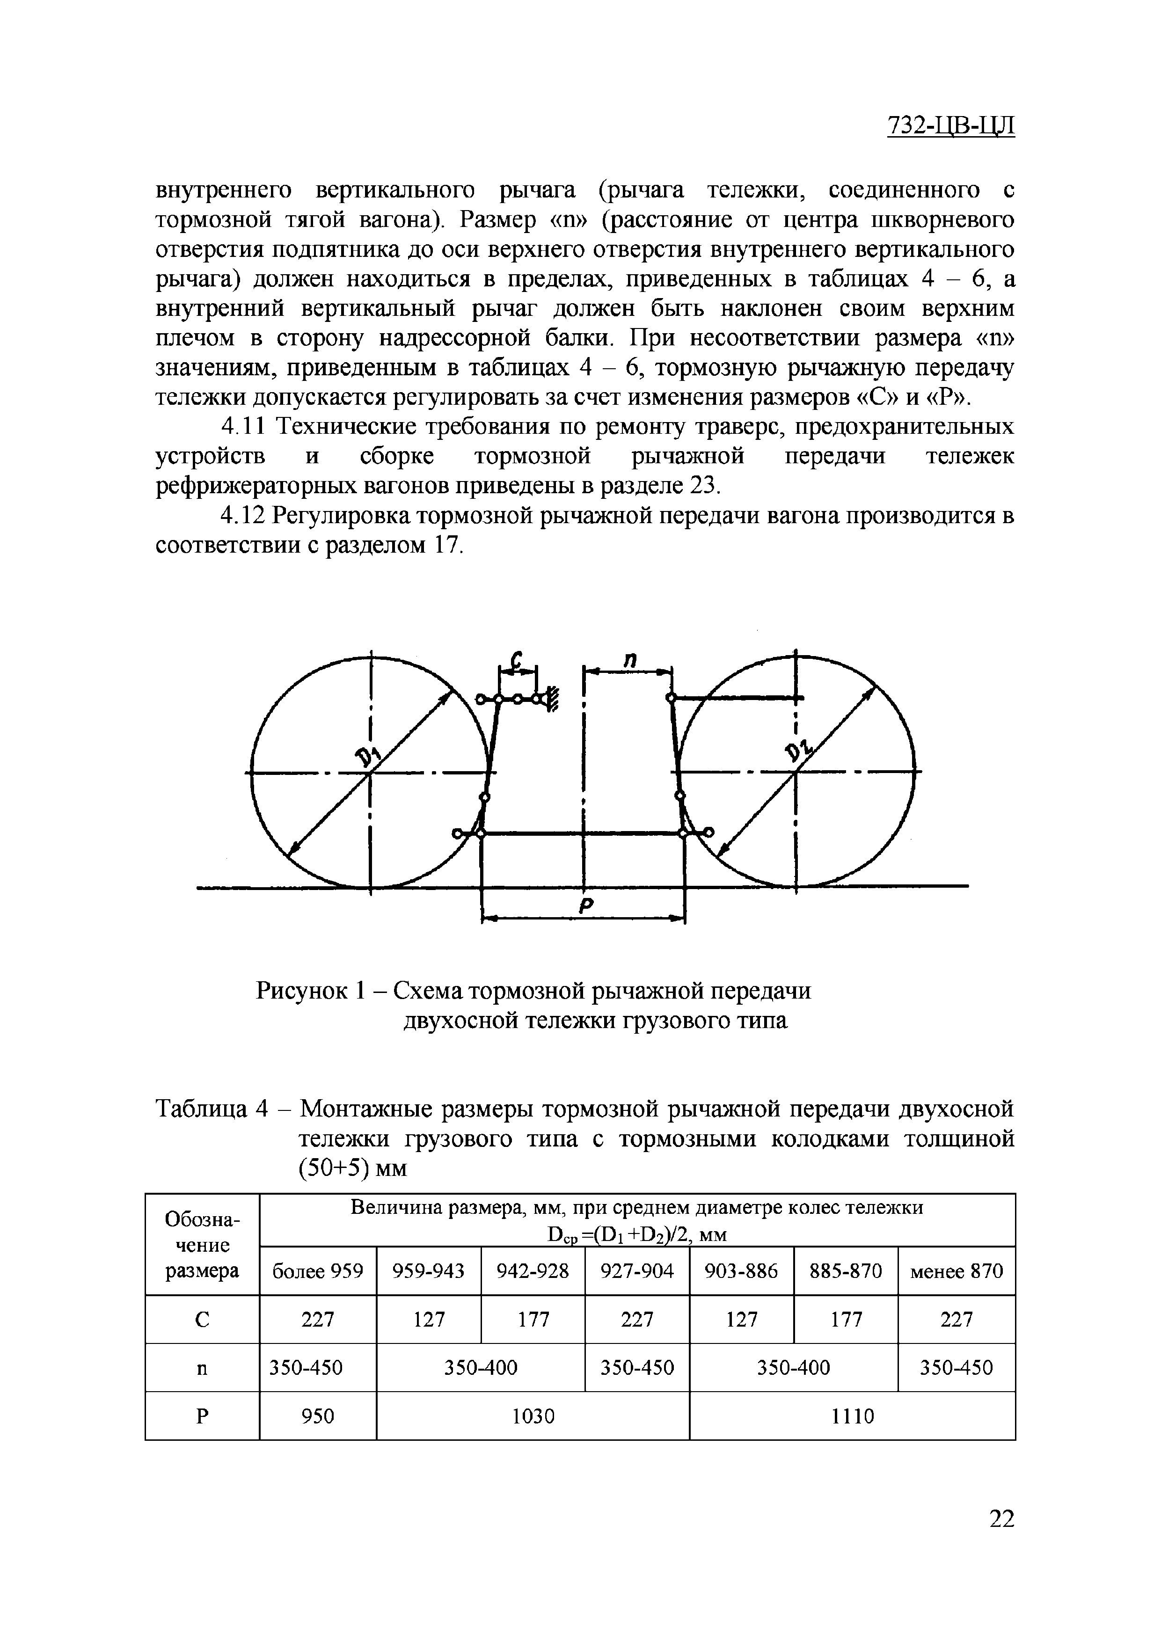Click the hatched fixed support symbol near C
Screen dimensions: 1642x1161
[x=554, y=698]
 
